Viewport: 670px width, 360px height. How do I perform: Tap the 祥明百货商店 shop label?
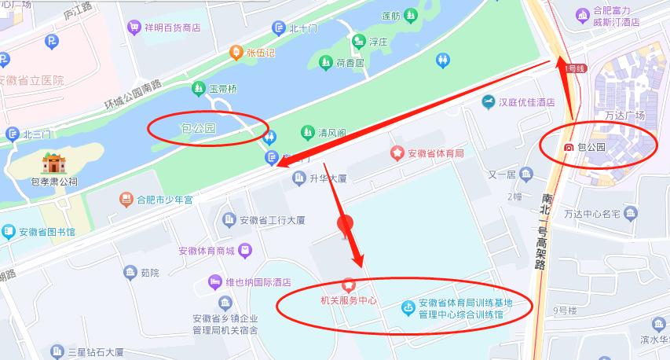point(172,28)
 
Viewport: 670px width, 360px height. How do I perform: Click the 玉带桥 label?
point(222,88)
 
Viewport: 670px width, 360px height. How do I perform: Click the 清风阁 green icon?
point(307,131)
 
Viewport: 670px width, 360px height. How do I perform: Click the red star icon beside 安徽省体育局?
point(397,152)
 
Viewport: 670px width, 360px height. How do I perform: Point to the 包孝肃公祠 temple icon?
point(54,163)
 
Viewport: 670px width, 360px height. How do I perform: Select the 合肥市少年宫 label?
point(164,200)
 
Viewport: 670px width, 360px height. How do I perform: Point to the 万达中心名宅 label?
point(592,213)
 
